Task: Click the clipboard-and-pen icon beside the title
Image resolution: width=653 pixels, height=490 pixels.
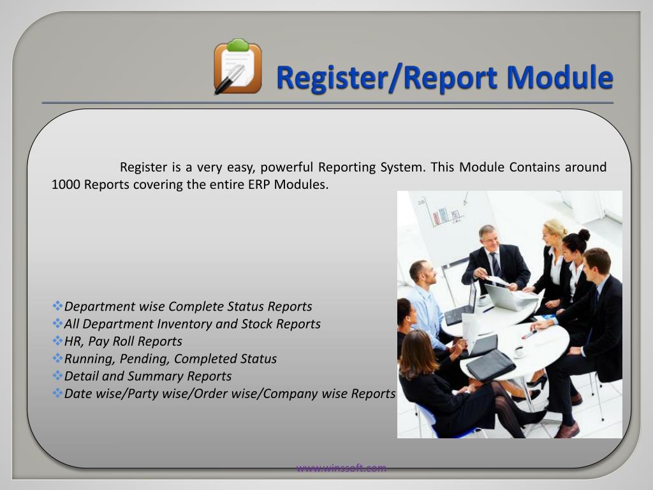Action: click(237, 67)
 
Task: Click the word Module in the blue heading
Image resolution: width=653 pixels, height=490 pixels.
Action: click(560, 77)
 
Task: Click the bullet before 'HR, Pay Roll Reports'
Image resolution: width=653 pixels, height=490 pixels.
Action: click(58, 341)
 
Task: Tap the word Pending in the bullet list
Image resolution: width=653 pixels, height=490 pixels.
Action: click(146, 359)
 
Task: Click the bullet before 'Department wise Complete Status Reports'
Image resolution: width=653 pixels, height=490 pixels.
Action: click(58, 307)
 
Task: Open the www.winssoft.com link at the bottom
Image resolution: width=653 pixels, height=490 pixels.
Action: click(341, 468)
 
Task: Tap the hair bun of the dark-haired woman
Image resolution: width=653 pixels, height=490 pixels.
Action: click(584, 235)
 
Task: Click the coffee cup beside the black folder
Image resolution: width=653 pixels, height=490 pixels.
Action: click(519, 351)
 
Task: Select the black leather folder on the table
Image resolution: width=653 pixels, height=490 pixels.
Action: click(490, 365)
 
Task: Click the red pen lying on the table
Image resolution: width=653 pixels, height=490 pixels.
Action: click(529, 334)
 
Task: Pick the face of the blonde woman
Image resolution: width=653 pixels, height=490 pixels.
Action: click(553, 237)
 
